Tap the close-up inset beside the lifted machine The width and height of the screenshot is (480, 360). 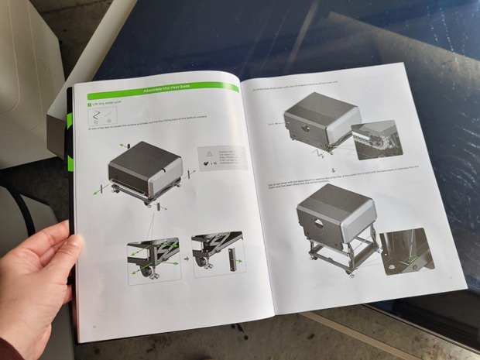click(x=408, y=249)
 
